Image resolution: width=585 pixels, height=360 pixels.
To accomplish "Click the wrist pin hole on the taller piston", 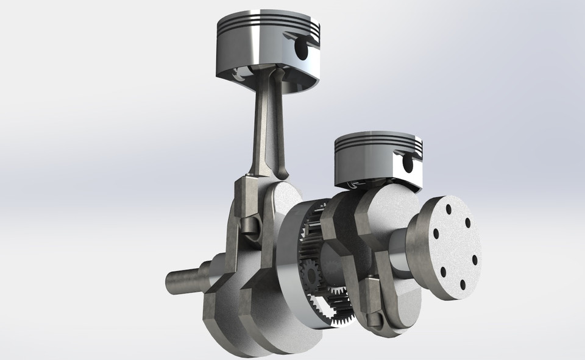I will point(300,48).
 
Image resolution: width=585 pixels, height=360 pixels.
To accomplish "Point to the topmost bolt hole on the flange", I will point(448,210).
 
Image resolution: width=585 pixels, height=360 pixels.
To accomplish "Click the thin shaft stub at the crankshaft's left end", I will point(183,281).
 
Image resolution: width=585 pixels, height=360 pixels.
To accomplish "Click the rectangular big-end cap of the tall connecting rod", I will point(246,199).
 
